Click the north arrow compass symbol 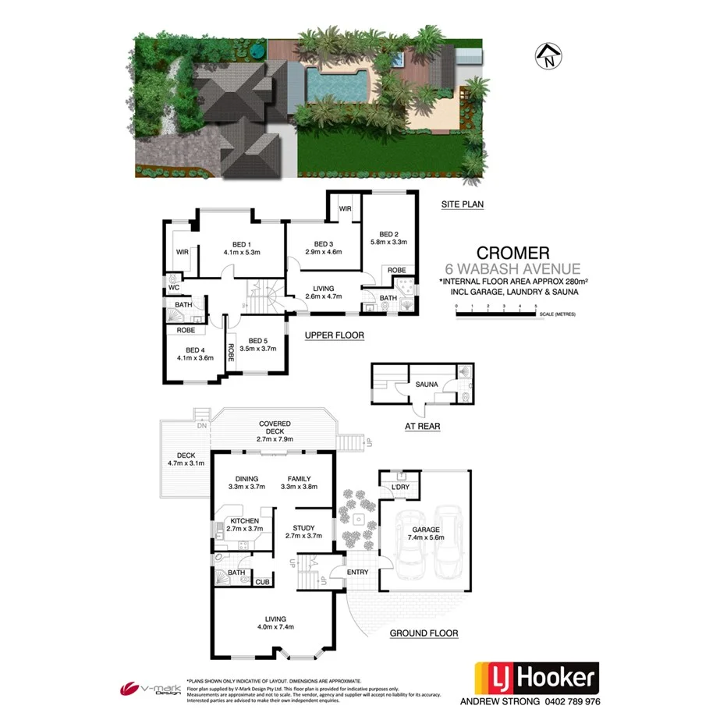click(550, 55)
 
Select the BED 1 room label click(240, 242)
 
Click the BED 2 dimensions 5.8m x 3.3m click(389, 242)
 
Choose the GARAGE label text click(425, 530)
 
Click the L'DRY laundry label click(400, 488)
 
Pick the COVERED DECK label click(275, 429)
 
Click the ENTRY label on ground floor click(359, 573)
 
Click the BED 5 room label click(257, 341)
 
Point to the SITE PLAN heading click(463, 204)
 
